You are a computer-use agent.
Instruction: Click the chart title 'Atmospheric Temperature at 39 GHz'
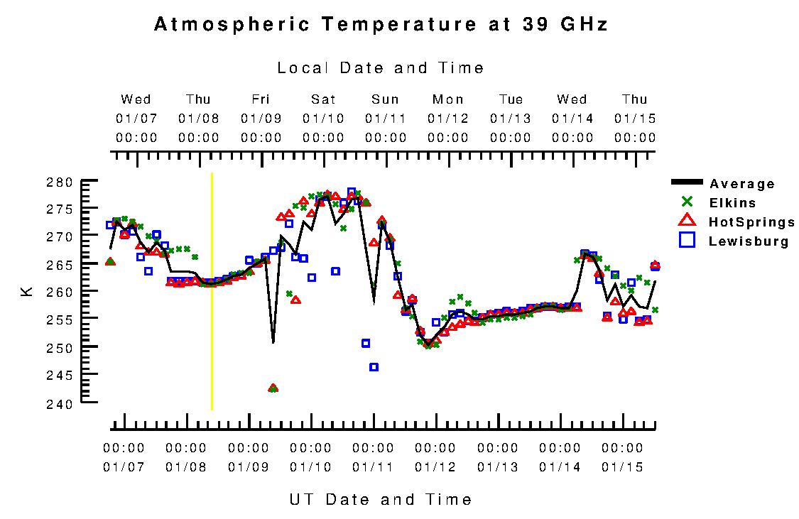(x=381, y=25)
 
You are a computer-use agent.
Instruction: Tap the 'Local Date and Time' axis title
(x=381, y=68)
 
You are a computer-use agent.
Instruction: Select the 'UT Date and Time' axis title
(x=381, y=499)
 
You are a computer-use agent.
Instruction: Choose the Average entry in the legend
(x=742, y=184)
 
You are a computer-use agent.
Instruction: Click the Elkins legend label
(x=732, y=203)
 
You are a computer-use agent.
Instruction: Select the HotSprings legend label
(x=751, y=222)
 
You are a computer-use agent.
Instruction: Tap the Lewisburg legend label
(x=749, y=241)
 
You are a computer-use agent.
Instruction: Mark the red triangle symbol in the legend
(x=686, y=220)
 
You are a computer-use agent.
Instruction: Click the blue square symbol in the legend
(x=686, y=241)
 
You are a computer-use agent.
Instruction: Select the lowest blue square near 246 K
(x=374, y=367)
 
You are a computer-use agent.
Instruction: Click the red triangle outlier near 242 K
(x=273, y=388)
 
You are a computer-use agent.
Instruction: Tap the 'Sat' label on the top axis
(x=323, y=99)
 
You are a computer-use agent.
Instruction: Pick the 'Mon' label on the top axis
(x=448, y=99)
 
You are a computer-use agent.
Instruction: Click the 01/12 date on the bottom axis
(x=435, y=467)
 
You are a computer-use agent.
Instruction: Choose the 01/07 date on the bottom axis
(x=124, y=467)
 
